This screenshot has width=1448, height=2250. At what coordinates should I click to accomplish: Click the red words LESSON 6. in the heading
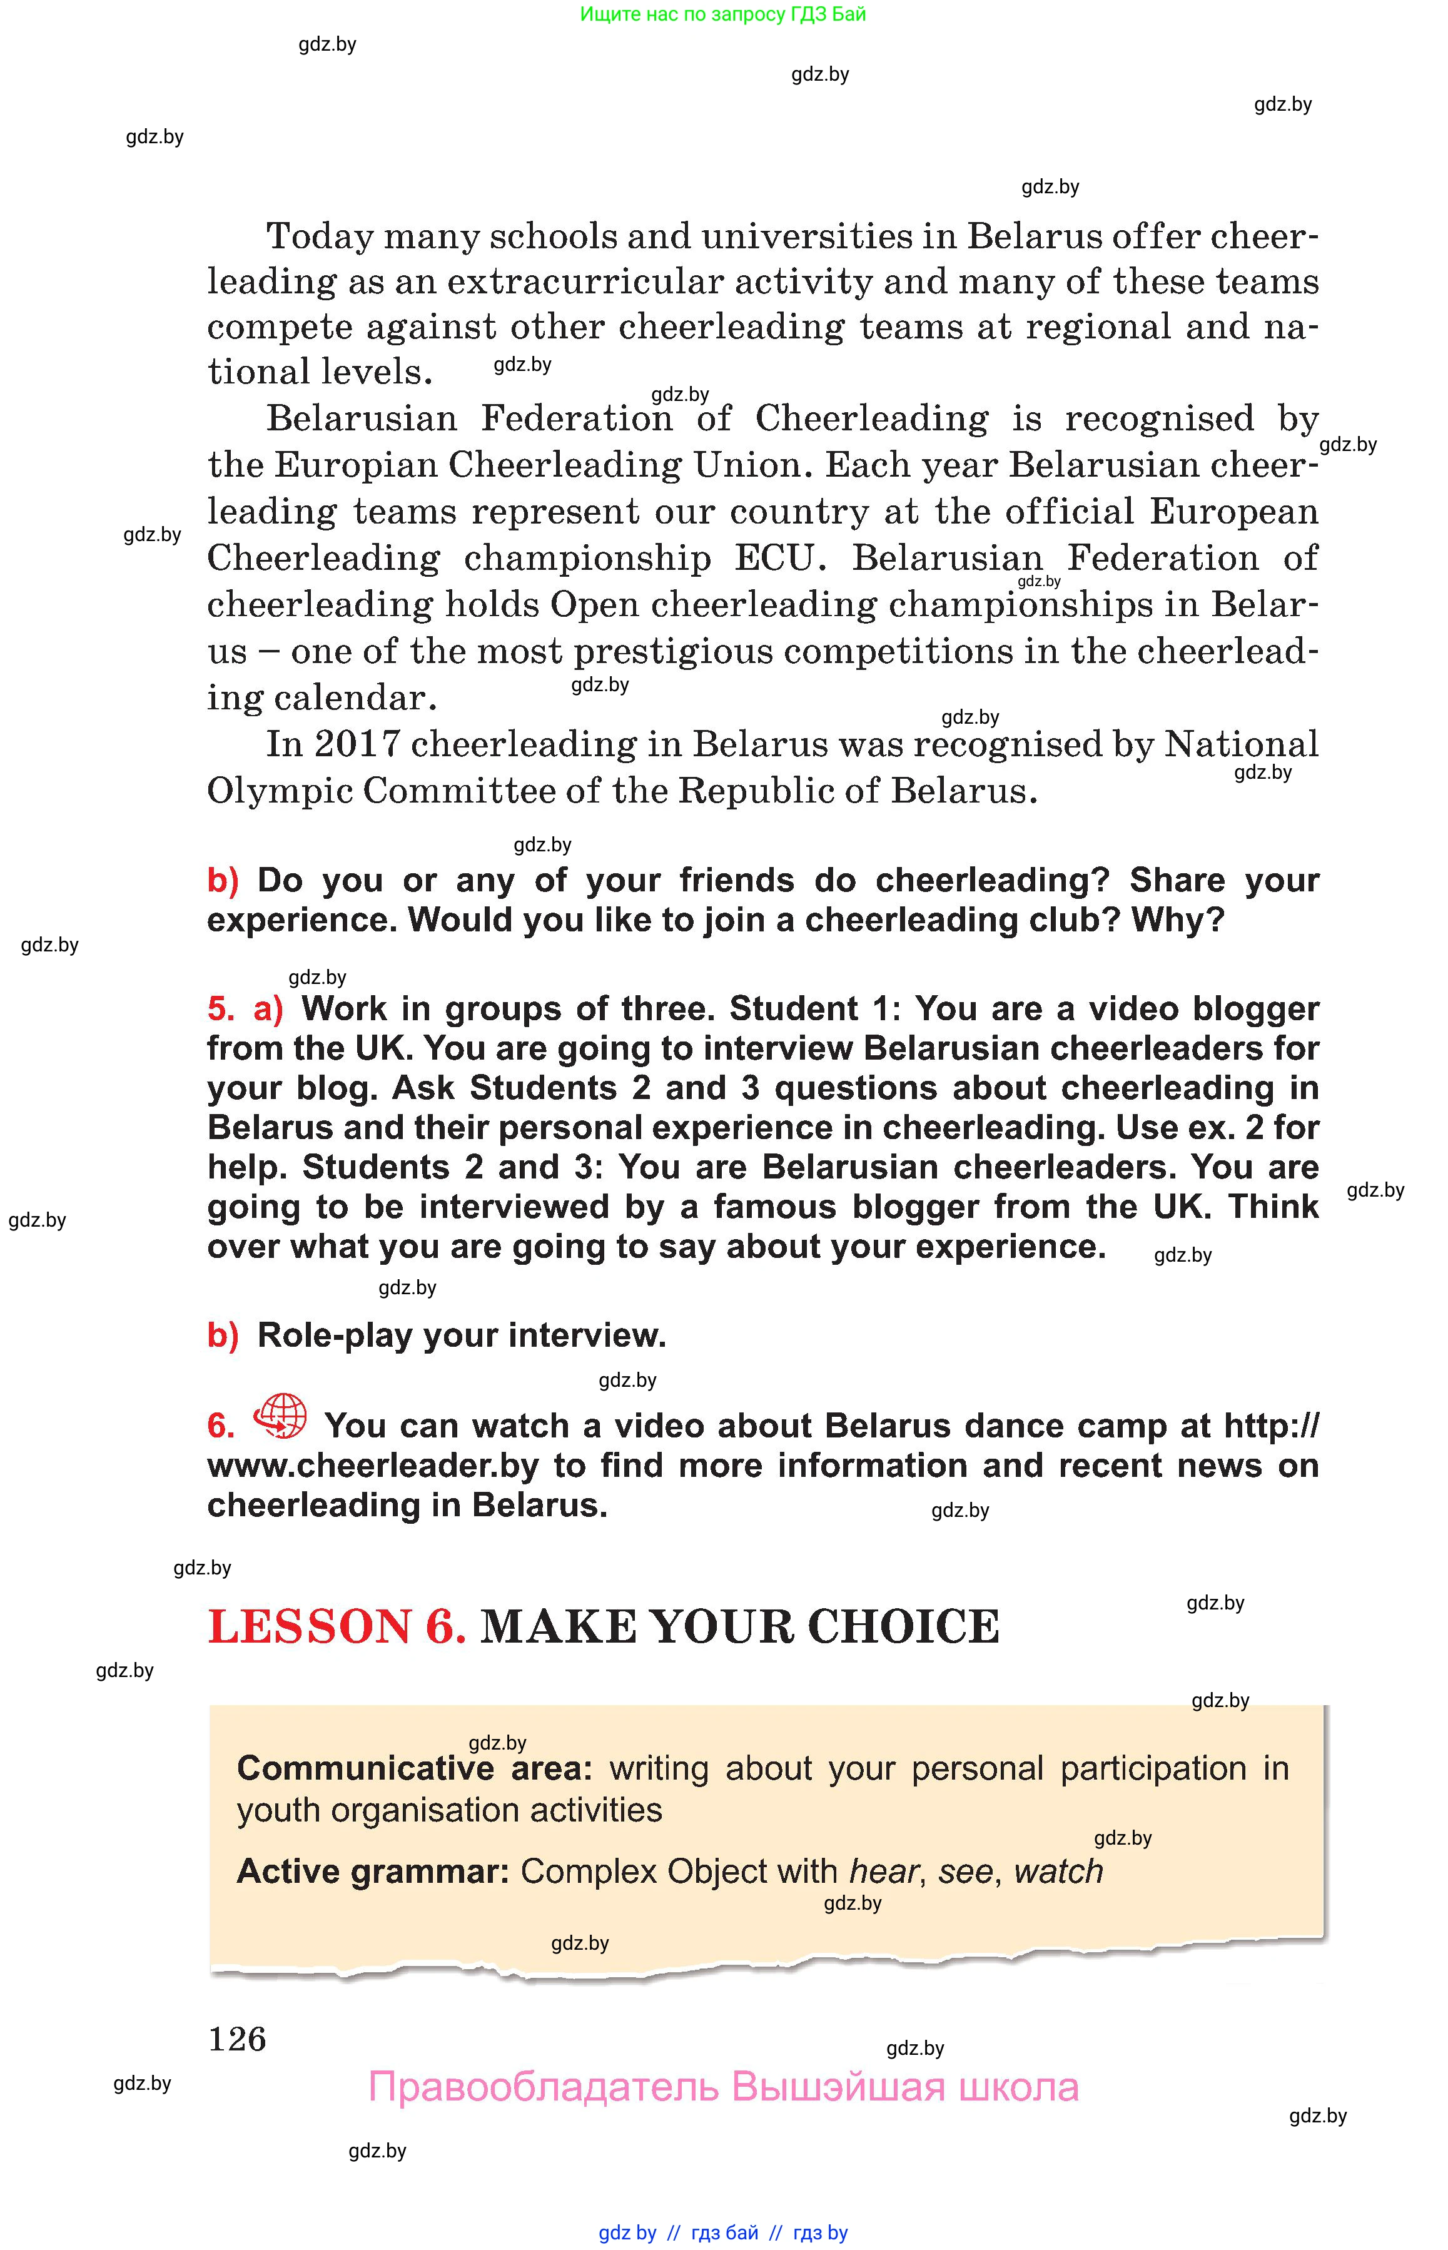point(337,1626)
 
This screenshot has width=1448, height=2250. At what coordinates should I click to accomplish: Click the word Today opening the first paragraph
point(320,236)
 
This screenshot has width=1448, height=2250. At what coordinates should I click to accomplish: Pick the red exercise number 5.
point(221,1009)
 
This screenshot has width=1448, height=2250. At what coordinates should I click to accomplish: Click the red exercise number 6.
point(221,1426)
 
